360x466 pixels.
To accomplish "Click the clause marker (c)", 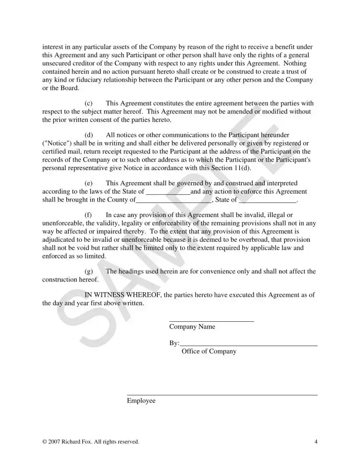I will pos(88,103).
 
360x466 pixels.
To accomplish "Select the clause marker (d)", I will pos(88,135).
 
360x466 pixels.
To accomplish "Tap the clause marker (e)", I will pos(88,183).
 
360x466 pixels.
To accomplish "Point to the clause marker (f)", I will pos(88,215).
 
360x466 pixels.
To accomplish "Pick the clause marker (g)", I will pos(88,271).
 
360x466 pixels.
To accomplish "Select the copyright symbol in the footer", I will pos(45,441).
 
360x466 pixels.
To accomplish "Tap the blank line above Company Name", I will pos(211,321).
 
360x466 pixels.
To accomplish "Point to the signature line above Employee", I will pos(222,395).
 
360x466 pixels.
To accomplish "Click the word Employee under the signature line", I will pos(141,401).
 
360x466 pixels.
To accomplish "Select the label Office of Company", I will pos(209,351).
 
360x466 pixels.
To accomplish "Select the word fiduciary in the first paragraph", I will pos(77,80).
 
